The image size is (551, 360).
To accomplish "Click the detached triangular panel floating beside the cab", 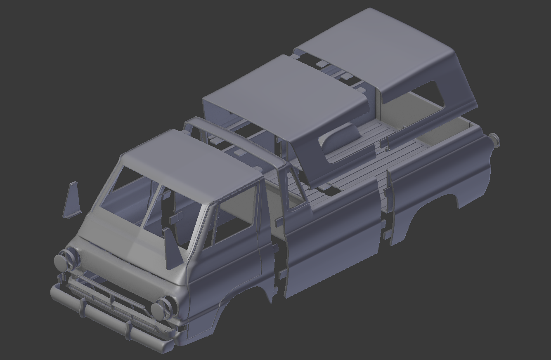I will pos(72,200).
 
